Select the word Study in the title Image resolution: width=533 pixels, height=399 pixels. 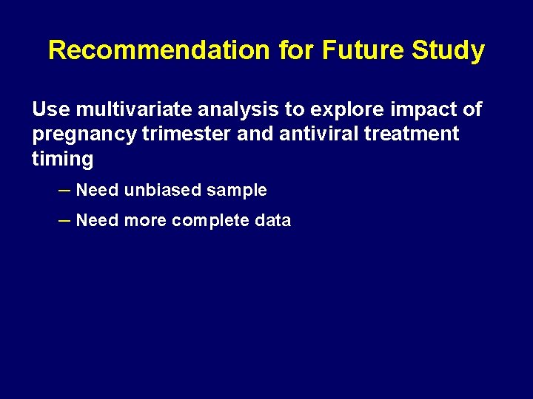pos(449,50)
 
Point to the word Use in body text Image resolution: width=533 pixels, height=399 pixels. pos(50,110)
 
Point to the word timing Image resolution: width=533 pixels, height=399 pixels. pos(62,159)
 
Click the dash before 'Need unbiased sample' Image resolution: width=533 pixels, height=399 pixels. pos(64,189)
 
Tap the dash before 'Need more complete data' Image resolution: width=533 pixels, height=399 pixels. pos(64,219)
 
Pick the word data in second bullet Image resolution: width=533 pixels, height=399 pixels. pos(273,220)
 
